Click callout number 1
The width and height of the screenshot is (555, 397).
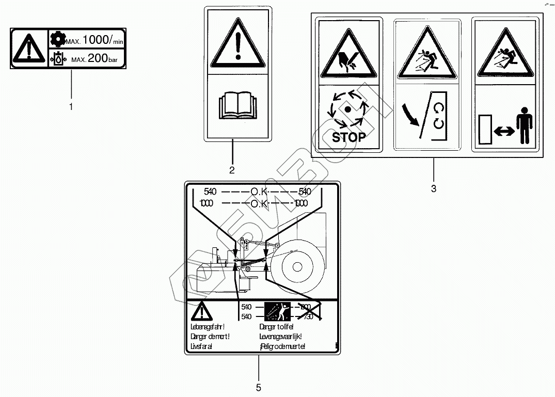tap(71, 107)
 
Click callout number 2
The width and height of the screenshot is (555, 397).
tap(232, 170)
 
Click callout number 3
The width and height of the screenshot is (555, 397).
tap(434, 189)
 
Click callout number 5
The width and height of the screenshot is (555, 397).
tap(258, 387)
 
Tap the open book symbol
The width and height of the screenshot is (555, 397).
tap(237, 107)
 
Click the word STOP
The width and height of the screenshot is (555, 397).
tap(348, 137)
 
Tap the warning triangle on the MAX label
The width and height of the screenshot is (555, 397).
tap(29, 49)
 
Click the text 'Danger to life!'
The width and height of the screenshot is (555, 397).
tap(277, 327)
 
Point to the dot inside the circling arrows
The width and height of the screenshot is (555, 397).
tap(348, 109)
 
